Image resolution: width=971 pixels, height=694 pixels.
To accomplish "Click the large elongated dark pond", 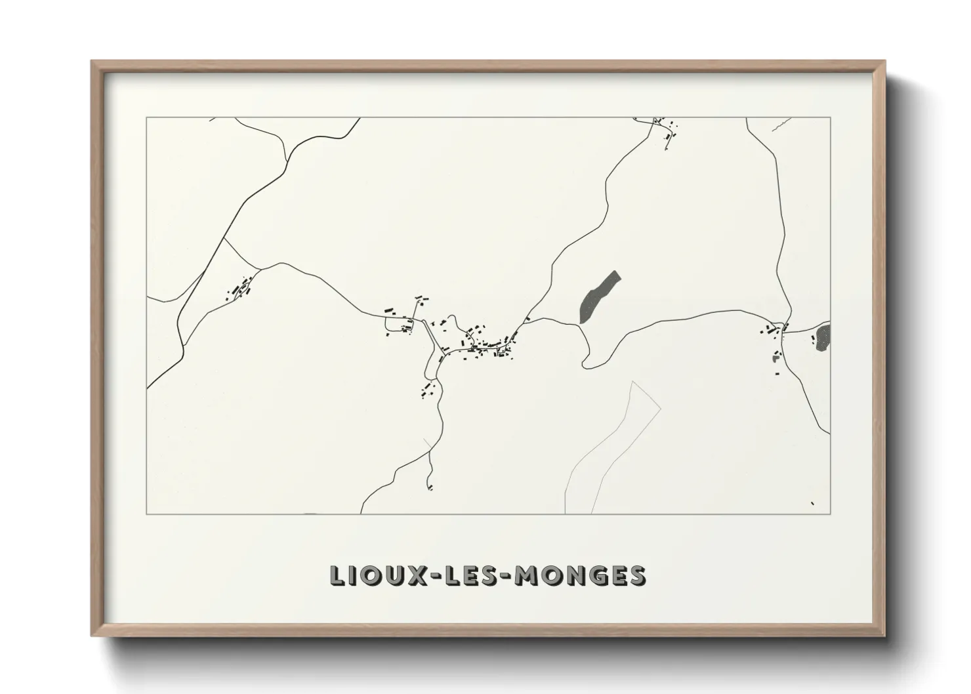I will tap(599, 297).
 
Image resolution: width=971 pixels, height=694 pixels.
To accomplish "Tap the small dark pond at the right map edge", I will tap(823, 337).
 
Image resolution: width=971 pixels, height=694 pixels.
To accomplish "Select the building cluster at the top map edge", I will tap(663, 128).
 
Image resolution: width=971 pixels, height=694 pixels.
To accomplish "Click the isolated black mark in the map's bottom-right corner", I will tap(812, 503).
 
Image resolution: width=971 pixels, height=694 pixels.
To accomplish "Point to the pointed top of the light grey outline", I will tap(632, 382).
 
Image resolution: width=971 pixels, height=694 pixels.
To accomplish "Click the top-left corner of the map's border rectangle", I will tap(147, 118).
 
